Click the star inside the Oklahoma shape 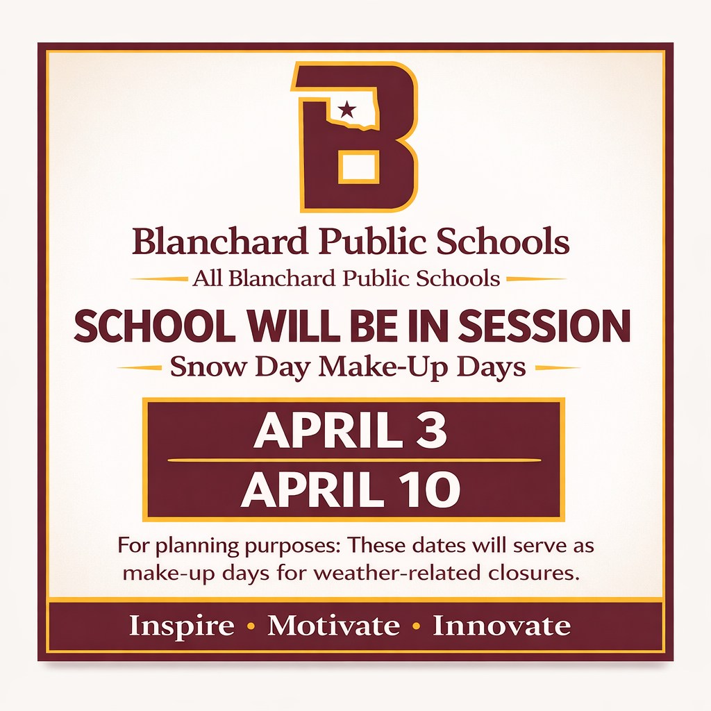[x=347, y=109]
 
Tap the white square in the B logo [x=359, y=168]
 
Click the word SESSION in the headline [x=544, y=326]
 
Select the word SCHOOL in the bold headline [x=155, y=326]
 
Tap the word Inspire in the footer [x=182, y=627]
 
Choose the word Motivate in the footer [x=334, y=626]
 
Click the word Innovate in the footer [x=501, y=626]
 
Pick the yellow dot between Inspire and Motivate [x=251, y=627]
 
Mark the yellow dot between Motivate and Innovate [x=417, y=627]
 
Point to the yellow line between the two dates [x=354, y=460]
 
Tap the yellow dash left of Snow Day [x=140, y=368]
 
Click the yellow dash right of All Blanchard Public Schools [x=536, y=279]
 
